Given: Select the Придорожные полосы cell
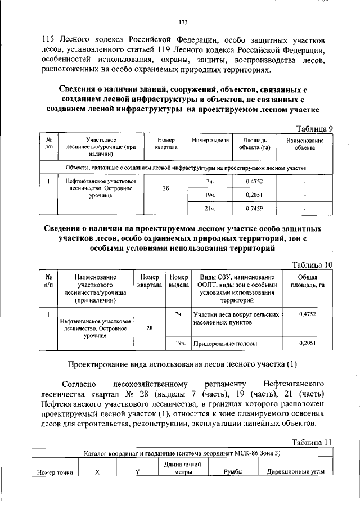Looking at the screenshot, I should (226, 343).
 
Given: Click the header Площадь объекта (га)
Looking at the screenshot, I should (254, 143).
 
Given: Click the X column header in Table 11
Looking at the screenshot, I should (97, 472).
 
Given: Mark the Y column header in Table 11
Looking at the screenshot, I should (137, 472).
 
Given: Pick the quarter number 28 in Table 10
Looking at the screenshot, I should (150, 328).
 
